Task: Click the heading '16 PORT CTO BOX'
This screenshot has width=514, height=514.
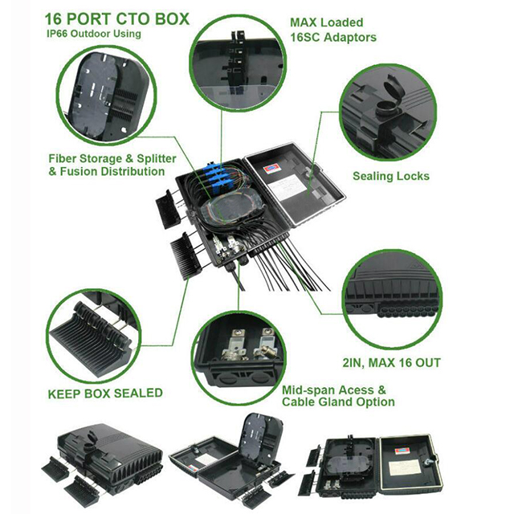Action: pyautogui.click(x=117, y=19)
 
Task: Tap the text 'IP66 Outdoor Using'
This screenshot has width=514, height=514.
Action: pyautogui.click(x=94, y=34)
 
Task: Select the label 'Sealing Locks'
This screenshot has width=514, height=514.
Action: pyautogui.click(x=391, y=176)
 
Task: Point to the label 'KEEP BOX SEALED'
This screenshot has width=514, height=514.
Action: pyautogui.click(x=105, y=394)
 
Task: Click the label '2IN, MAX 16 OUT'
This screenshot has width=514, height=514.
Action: pyautogui.click(x=391, y=363)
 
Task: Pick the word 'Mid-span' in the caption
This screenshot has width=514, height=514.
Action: pyautogui.click(x=308, y=390)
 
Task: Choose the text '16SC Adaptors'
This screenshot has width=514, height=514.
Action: pyautogui.click(x=333, y=38)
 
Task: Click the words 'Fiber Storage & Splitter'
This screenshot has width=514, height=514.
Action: pyautogui.click(x=112, y=159)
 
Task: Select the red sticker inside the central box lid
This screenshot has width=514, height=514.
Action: pyautogui.click(x=271, y=169)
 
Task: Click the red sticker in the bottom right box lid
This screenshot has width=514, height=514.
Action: pyautogui.click(x=402, y=451)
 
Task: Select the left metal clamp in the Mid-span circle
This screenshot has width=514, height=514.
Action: pyautogui.click(x=235, y=346)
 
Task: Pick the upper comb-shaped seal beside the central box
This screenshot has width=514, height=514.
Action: pyautogui.click(x=168, y=209)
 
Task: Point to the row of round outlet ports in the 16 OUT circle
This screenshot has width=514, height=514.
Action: pyautogui.click(x=406, y=310)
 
